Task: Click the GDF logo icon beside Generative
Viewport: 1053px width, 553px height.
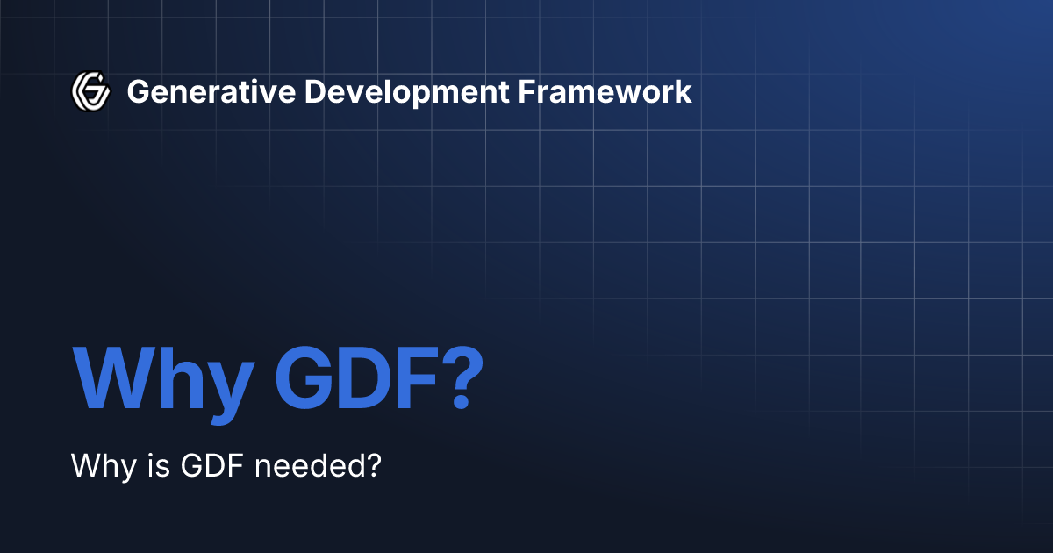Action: click(90, 91)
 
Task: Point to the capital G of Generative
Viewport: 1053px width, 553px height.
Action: click(137, 91)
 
